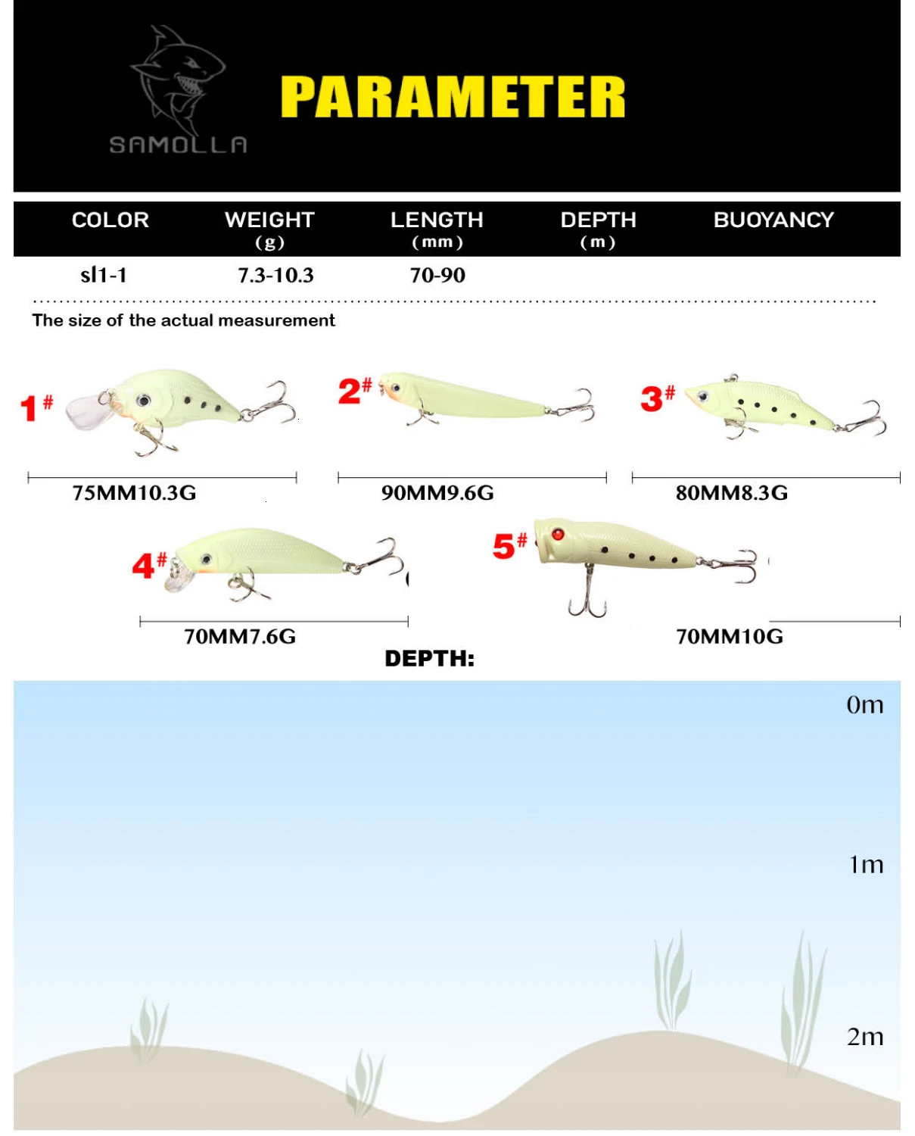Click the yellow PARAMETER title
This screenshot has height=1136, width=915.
[453, 97]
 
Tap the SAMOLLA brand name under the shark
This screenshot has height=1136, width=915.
[179, 145]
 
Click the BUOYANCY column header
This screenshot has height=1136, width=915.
[773, 220]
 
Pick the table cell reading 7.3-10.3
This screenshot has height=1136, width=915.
[275, 276]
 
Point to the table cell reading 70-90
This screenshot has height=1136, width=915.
[437, 276]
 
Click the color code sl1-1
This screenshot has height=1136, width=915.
[104, 276]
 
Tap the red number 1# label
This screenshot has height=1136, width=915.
[36, 408]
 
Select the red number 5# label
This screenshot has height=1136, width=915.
[510, 546]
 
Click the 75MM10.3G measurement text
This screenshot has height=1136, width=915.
[134, 493]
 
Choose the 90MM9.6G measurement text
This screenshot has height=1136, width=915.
[437, 493]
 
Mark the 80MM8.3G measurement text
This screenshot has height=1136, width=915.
[731, 493]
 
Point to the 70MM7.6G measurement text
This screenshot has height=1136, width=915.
[240, 637]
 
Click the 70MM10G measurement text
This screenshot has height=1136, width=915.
[730, 637]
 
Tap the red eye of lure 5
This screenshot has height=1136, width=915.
[558, 534]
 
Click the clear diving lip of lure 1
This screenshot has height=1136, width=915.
[86, 410]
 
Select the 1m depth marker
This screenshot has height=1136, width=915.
[866, 865]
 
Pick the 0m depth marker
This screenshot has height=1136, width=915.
[865, 705]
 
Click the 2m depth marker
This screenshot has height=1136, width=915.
[865, 1038]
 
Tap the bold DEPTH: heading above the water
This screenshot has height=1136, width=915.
[430, 659]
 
